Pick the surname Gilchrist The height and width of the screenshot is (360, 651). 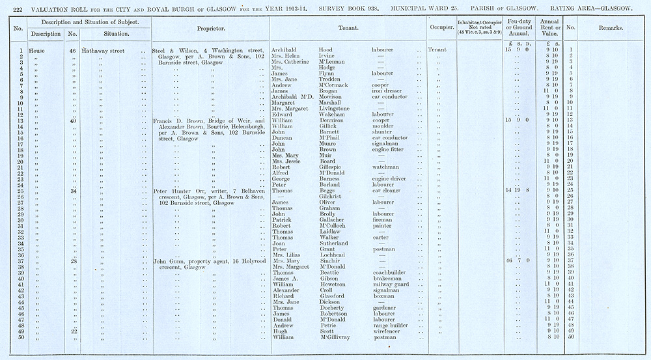pyautogui.click(x=331, y=196)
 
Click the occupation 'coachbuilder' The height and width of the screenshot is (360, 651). pyautogui.click(x=391, y=272)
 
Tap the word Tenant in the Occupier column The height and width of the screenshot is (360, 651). pyautogui.click(x=437, y=50)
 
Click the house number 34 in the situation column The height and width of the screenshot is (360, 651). pyautogui.click(x=74, y=191)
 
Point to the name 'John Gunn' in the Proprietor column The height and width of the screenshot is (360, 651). pyautogui.click(x=167, y=260)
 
